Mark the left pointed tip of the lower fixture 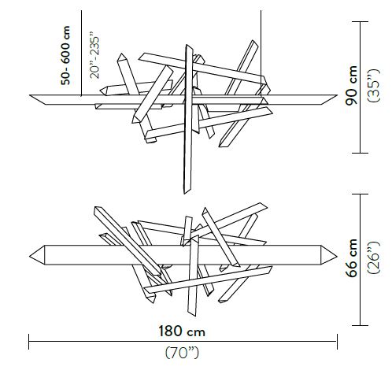coord(31,255)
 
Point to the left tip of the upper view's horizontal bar coord(31,97)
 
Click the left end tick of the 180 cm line coord(29,341)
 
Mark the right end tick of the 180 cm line coord(338,341)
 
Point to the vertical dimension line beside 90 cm coord(362,87)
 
